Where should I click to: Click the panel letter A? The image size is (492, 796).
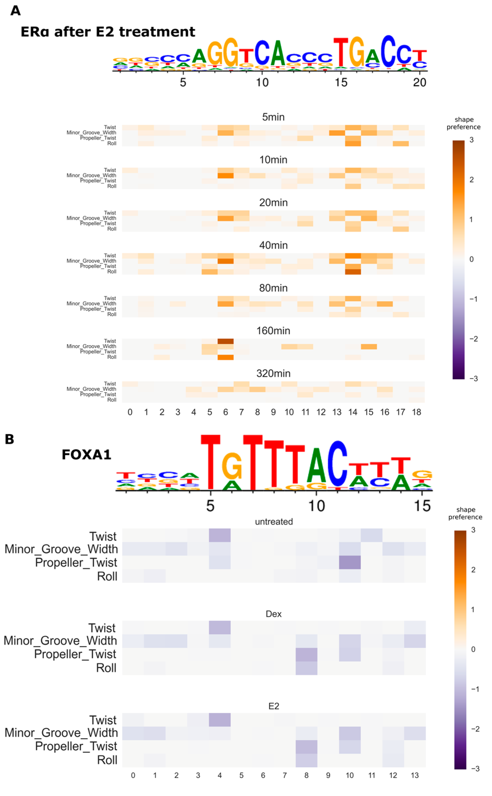coord(15,10)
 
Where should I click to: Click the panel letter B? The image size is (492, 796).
coord(9,439)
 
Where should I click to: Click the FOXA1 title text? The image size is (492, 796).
coord(86,454)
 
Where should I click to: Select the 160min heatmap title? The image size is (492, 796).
coord(273,331)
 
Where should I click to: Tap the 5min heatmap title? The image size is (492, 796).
coord(273,117)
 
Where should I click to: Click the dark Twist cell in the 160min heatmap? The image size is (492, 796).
coord(225,341)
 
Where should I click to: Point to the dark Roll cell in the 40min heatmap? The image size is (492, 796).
coord(353,271)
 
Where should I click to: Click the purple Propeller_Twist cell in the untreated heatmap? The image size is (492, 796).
coord(350,562)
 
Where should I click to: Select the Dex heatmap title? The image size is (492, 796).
coord(273,614)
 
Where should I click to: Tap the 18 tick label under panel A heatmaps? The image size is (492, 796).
coord(416,412)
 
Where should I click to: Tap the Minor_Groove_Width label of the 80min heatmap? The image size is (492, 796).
coord(91,303)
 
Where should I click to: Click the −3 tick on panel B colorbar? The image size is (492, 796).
coord(475,769)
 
